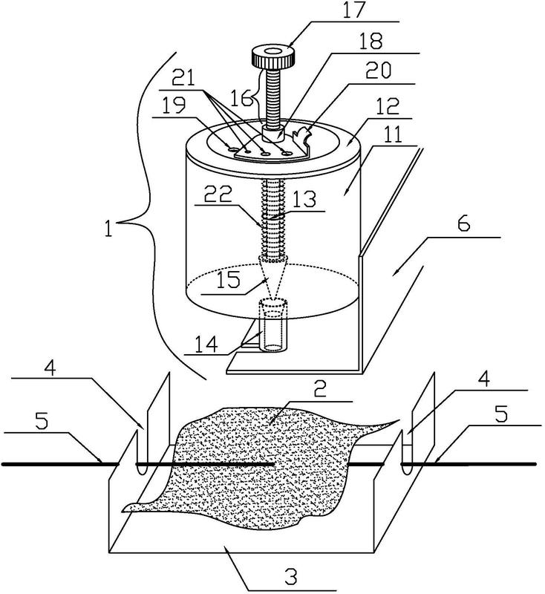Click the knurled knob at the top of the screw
pos(273,57)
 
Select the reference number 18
pos(371,42)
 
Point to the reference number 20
pos(379,70)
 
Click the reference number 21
pos(183,79)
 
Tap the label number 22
pos(218,194)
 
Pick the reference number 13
pos(304,198)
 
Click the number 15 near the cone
pos(229,280)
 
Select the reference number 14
pos(207,344)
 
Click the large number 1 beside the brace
pos(109,229)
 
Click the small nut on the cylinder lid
pos(272,134)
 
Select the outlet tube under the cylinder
pos(272,324)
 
